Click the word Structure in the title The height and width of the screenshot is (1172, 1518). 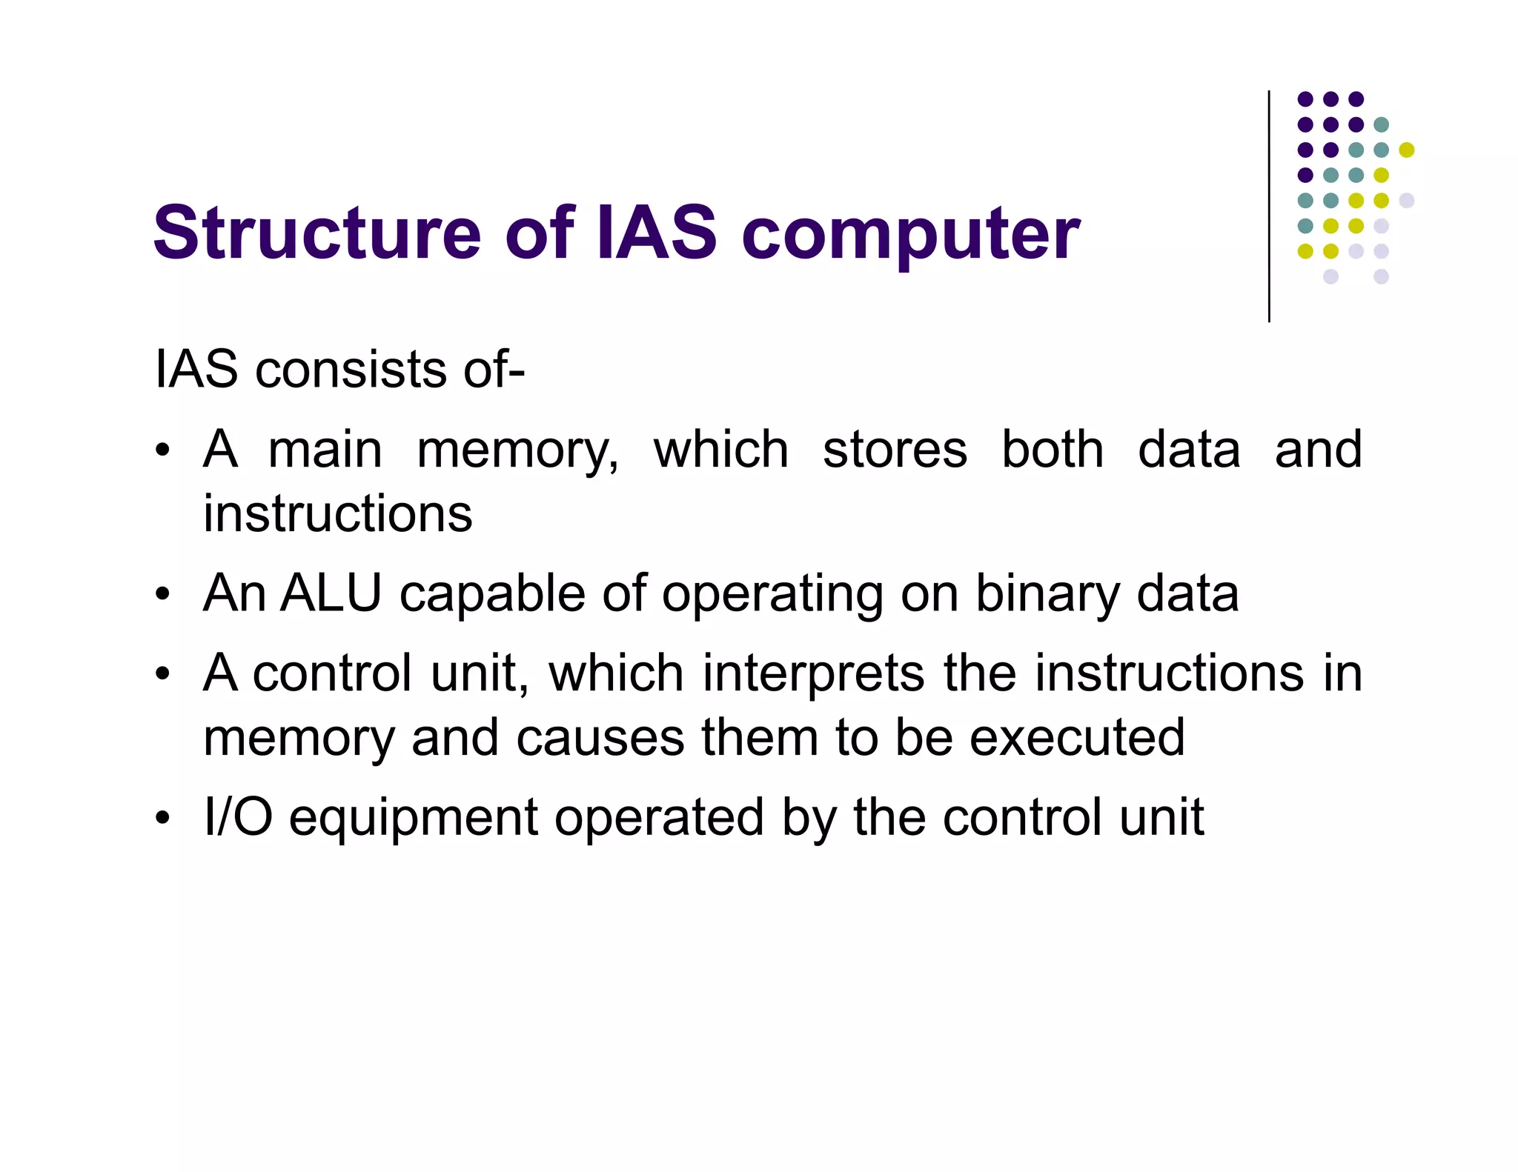(x=316, y=233)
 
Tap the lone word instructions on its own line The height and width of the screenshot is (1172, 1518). (x=337, y=513)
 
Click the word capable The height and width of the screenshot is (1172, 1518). (x=492, y=595)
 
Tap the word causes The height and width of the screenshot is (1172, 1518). (x=600, y=739)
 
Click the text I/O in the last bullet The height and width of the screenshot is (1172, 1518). (x=238, y=817)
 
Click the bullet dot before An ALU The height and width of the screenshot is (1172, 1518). (x=163, y=595)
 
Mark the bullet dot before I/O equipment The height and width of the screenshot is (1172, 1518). (x=163, y=819)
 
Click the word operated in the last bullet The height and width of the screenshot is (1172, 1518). (x=659, y=819)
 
